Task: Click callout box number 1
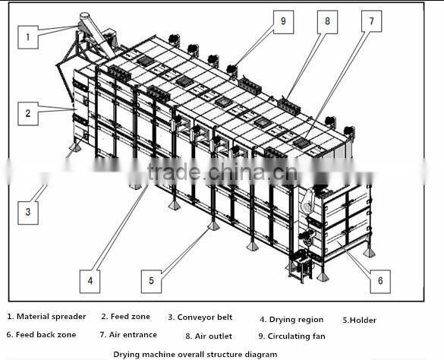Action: [27, 35]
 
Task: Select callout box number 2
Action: [27, 114]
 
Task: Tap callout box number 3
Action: [27, 210]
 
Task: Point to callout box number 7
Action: [371, 22]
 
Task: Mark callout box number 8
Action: [327, 22]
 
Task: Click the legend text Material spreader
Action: [52, 317]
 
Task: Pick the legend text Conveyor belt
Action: [205, 317]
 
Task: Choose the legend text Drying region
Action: [296, 320]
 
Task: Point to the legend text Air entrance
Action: [133, 334]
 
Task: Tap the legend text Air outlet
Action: [213, 335]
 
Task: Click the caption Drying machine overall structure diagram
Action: [195, 354]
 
